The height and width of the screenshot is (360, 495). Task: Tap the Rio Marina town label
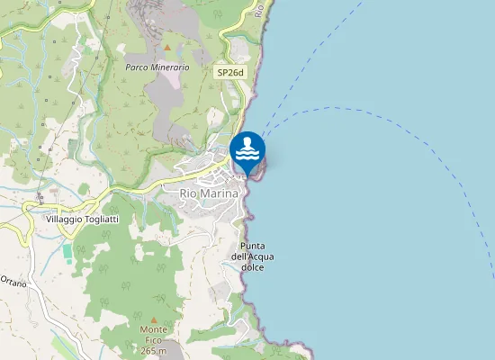210,193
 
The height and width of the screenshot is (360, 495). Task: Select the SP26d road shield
230,71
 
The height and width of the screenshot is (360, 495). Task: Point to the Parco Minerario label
157,67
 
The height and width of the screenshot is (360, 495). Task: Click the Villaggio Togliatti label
81,220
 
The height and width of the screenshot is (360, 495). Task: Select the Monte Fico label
153,339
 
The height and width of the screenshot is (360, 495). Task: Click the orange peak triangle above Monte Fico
153,319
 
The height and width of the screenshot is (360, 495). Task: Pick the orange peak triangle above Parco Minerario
166,47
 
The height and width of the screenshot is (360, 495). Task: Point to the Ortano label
13,283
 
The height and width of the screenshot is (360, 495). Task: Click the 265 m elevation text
153,351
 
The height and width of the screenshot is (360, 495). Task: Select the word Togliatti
96,220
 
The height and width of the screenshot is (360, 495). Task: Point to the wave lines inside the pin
247,156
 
